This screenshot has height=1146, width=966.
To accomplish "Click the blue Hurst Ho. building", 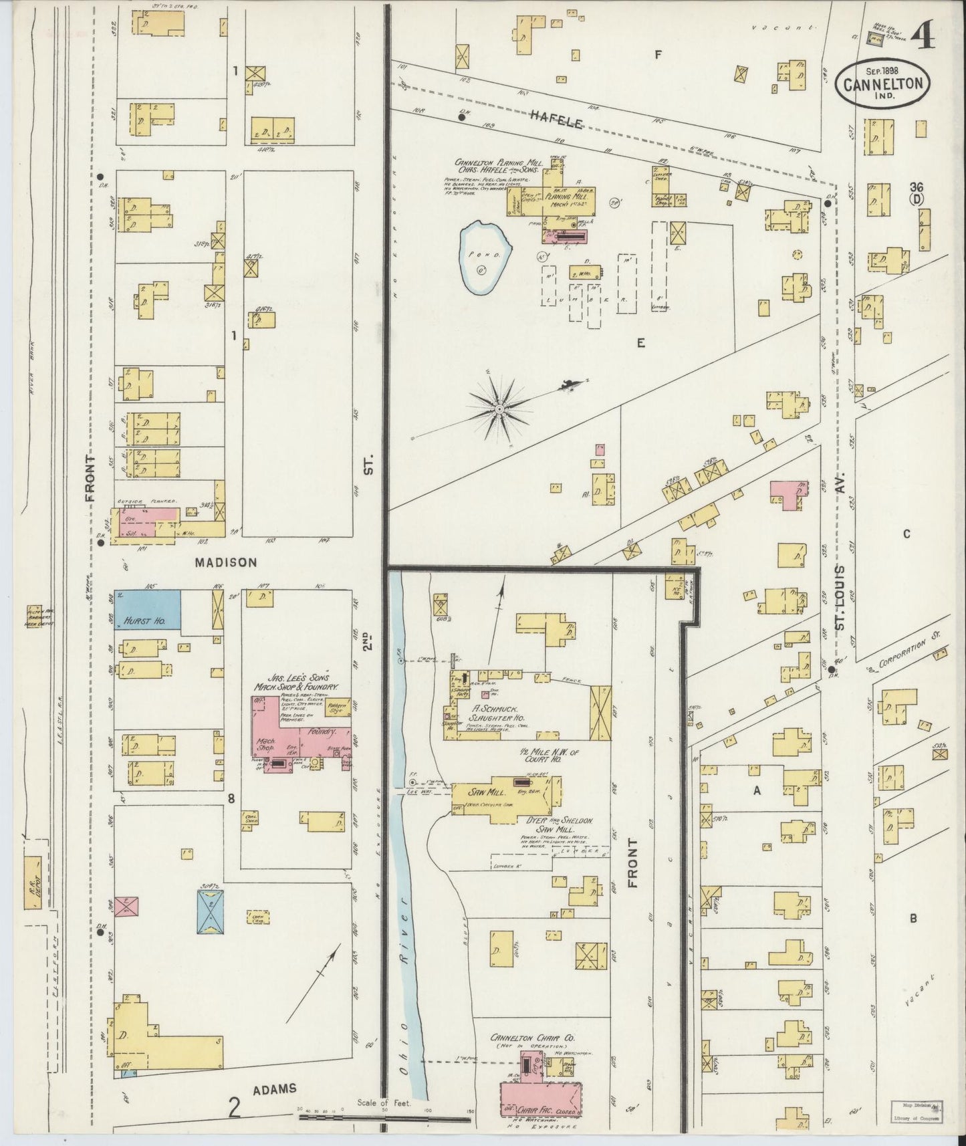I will (147, 610).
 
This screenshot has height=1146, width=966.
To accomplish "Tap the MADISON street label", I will (225, 562).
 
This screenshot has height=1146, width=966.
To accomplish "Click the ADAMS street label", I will (274, 1088).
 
